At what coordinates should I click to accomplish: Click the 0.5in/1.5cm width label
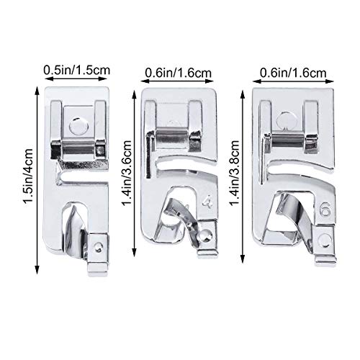point(77,71)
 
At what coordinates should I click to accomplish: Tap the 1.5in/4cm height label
point(28,179)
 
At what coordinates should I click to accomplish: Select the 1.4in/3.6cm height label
point(127,174)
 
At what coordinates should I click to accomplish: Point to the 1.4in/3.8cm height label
point(234,173)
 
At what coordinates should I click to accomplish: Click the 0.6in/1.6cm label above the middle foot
point(179,73)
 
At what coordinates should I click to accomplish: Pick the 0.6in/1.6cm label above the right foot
point(293,73)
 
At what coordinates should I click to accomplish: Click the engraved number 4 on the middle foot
point(207,202)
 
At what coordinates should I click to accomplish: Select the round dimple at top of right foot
point(286,120)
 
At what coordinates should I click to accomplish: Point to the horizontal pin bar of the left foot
point(78,149)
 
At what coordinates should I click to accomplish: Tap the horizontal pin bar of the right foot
point(288,142)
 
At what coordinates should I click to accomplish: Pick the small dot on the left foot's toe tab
point(99,247)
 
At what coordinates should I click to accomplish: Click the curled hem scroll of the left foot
point(76,228)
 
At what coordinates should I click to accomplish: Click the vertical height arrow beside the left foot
point(37,180)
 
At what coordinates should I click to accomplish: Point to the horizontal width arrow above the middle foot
point(179,81)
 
